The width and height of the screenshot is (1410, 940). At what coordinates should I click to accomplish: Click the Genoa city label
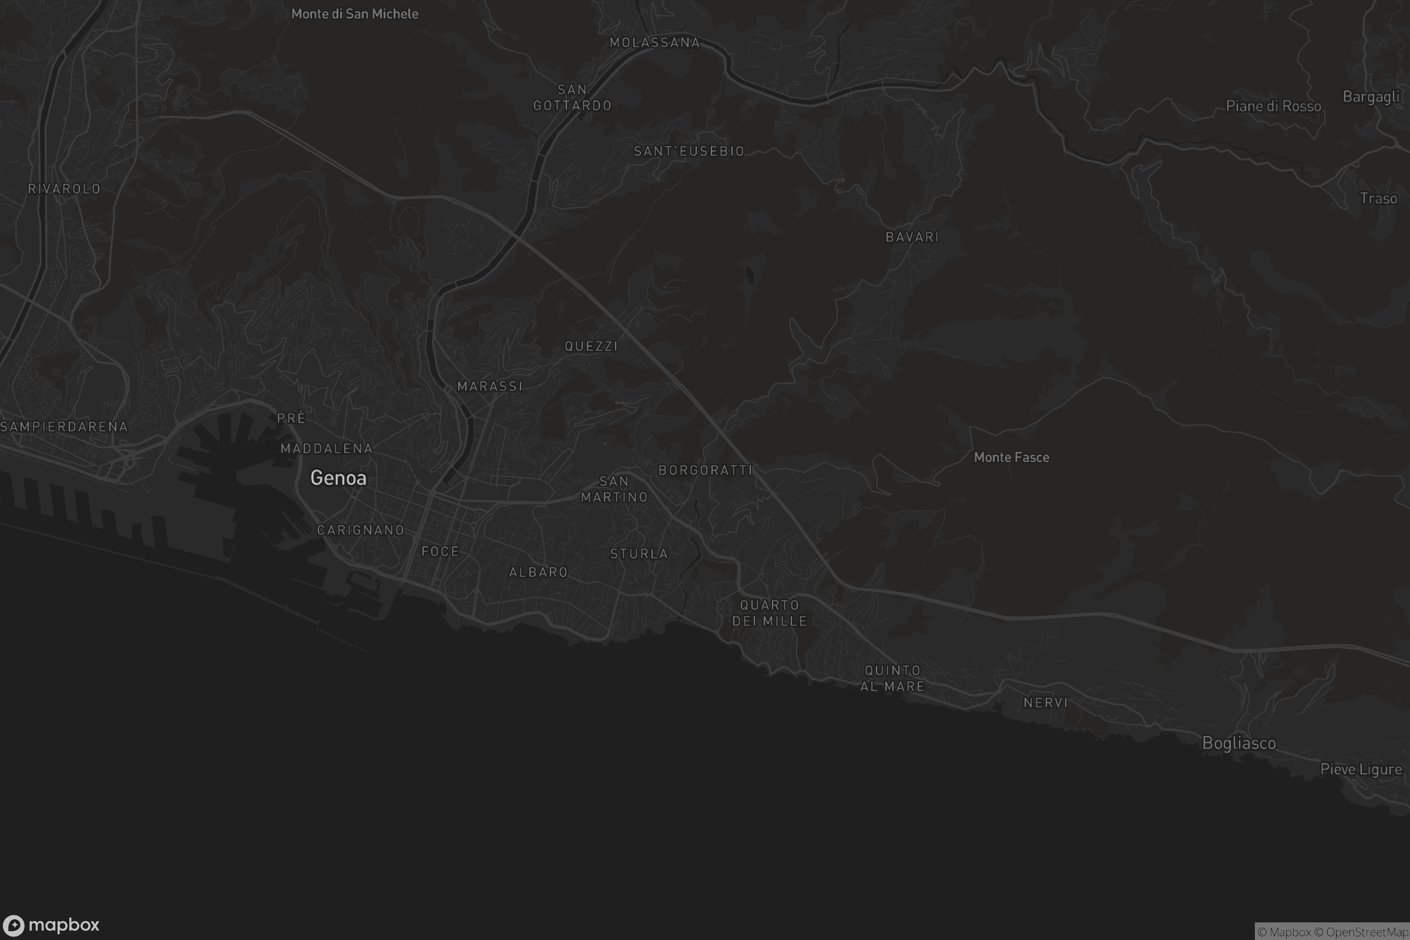(x=338, y=478)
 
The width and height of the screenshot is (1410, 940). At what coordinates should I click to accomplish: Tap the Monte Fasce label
(x=1011, y=458)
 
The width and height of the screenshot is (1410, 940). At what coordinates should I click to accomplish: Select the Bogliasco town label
(x=1238, y=743)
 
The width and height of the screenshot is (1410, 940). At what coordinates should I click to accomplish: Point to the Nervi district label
(x=1046, y=703)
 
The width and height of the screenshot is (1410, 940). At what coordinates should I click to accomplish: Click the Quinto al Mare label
(x=892, y=678)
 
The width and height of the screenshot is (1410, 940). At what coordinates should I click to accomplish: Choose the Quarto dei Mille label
(x=769, y=613)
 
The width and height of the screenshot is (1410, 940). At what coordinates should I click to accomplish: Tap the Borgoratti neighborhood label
(x=705, y=470)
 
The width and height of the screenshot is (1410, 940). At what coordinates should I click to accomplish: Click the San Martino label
(x=614, y=489)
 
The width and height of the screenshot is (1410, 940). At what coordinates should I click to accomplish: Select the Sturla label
(x=639, y=554)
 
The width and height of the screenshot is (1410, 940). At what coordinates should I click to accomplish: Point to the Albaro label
(x=538, y=572)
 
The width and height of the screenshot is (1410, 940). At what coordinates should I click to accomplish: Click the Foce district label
(x=440, y=552)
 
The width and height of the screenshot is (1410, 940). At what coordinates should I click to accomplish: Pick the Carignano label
(x=360, y=530)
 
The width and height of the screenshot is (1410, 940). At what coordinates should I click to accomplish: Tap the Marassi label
(x=490, y=387)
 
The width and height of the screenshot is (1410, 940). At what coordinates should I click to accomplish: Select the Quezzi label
(x=591, y=346)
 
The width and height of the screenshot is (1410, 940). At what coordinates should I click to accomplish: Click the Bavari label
(x=912, y=237)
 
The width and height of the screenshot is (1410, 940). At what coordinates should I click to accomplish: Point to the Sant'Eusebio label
(x=689, y=151)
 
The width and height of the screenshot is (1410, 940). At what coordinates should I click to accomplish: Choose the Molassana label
(x=654, y=42)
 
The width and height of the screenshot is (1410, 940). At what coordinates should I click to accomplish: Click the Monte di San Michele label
(x=354, y=14)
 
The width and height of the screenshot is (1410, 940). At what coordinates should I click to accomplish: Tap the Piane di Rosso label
(x=1273, y=106)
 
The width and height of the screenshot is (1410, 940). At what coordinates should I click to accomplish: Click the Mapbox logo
(x=51, y=925)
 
